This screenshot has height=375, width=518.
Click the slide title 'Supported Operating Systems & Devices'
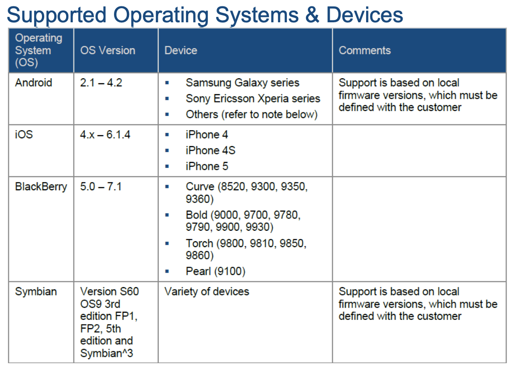click(205, 15)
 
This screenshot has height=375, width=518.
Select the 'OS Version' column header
click(108, 51)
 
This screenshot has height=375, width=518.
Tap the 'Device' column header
click(181, 51)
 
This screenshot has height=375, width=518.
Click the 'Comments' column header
click(365, 51)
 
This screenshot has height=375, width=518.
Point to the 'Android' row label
click(34, 82)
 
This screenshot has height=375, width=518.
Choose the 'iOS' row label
click(24, 135)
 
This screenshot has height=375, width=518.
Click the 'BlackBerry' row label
click(41, 187)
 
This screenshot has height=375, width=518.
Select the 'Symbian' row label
click(36, 292)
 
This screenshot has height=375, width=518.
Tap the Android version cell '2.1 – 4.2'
click(101, 82)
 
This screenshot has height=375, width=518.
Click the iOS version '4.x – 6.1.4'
click(105, 135)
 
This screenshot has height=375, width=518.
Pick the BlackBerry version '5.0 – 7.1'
click(101, 187)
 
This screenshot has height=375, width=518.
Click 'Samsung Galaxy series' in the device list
click(243, 83)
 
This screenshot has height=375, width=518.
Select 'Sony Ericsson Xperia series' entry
click(253, 99)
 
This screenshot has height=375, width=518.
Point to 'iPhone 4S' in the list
click(211, 150)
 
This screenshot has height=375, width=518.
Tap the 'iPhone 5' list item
click(207, 166)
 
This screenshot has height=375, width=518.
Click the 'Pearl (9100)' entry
click(215, 271)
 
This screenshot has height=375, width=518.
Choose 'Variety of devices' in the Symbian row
click(207, 292)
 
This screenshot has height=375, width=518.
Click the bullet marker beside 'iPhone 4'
click(167, 135)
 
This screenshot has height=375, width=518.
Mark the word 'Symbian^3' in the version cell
click(106, 354)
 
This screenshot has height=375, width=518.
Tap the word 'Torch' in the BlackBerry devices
click(200, 243)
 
